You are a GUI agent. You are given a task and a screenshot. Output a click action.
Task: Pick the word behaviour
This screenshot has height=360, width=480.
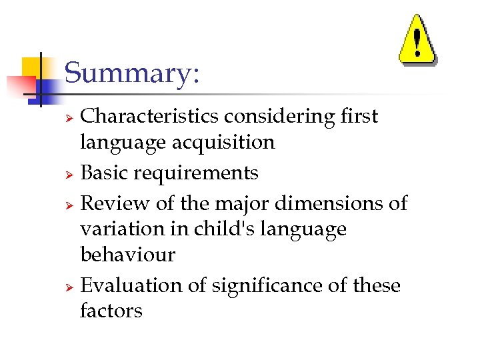[x=127, y=255]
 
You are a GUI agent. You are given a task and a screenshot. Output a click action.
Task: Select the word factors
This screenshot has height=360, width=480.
[x=111, y=311]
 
